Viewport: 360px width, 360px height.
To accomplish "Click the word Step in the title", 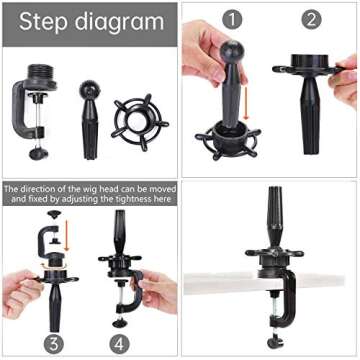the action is pyautogui.click(x=44, y=22).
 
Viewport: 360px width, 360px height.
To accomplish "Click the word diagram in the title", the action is pyautogui.click(x=119, y=23).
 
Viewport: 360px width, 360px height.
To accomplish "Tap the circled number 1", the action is pyautogui.click(x=232, y=20).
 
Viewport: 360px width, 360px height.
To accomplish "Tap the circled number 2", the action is pyautogui.click(x=311, y=20).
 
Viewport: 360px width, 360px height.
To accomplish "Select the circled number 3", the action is pyautogui.click(x=54, y=343).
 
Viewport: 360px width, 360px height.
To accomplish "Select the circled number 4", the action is pyautogui.click(x=119, y=343).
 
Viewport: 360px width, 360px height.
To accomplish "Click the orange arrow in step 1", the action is pyautogui.click(x=246, y=103).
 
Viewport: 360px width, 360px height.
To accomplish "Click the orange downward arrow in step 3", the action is pyautogui.click(x=67, y=235).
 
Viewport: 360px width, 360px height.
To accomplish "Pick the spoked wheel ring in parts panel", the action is pyautogui.click(x=140, y=122).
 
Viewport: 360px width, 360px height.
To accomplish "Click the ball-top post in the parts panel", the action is pyautogui.click(x=90, y=120).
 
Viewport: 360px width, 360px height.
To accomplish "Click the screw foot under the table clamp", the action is pyautogui.click(x=276, y=341).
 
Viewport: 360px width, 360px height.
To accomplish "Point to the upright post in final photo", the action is pyautogui.click(x=276, y=217).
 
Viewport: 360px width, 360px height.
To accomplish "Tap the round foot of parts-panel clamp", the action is pyautogui.click(x=39, y=154).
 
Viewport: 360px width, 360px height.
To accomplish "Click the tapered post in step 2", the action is pyautogui.click(x=310, y=113).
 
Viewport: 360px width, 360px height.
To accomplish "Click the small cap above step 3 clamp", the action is pyautogui.click(x=54, y=214).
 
